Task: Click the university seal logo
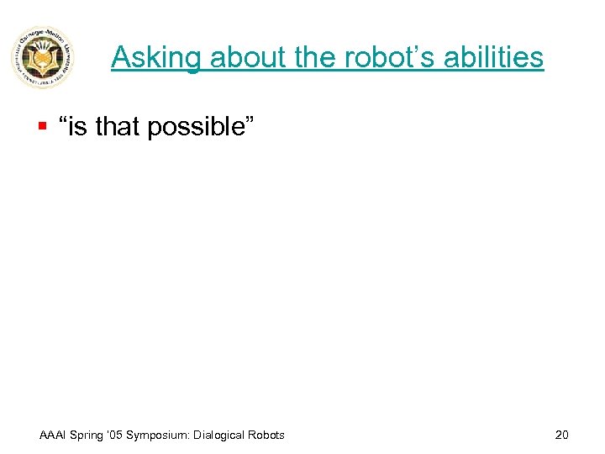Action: pos(43,58)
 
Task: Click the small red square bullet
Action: pos(41,127)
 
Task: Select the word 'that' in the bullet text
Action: pos(119,128)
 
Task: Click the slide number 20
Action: pos(561,435)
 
